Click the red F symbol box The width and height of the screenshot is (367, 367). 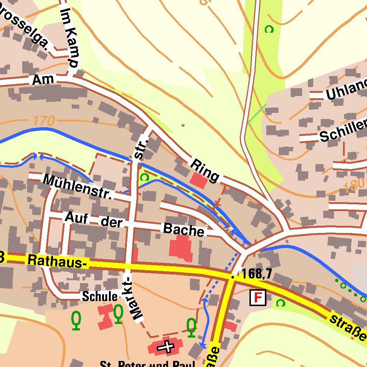[258, 297]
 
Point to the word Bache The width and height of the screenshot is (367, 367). [183, 230]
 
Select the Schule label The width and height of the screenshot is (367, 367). [100, 296]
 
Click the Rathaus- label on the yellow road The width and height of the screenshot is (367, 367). [57, 261]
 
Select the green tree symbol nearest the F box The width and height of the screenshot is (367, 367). [281, 303]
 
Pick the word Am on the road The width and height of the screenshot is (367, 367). [43, 80]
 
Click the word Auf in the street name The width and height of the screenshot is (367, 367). [76, 218]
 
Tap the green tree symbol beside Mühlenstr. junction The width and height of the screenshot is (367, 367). [144, 177]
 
